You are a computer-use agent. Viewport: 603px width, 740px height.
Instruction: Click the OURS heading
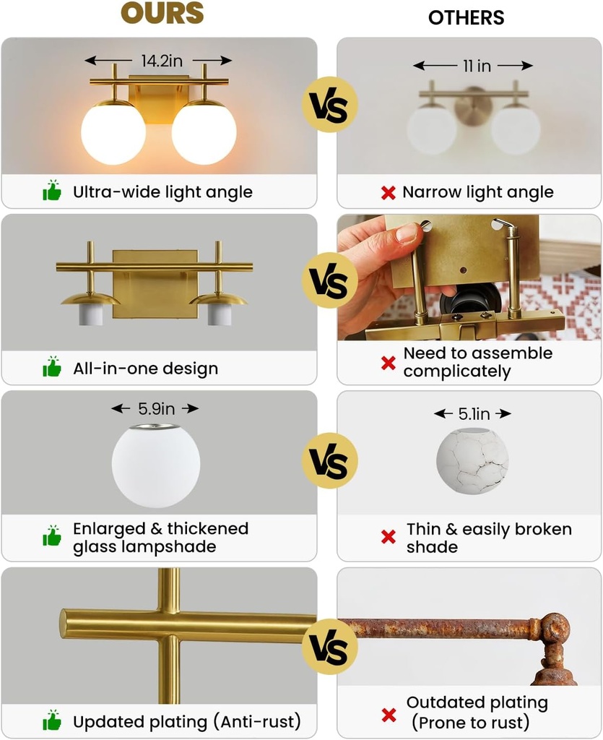162,13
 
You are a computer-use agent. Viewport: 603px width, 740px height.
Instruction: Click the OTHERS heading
467,17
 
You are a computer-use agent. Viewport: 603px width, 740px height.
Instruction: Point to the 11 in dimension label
477,66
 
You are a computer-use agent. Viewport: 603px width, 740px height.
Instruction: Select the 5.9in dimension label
156,409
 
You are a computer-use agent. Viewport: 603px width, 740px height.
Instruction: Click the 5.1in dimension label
474,414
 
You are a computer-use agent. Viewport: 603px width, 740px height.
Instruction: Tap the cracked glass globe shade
472,460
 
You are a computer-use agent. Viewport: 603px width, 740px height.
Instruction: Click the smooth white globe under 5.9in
156,466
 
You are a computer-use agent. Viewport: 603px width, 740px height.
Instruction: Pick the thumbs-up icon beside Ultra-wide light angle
52,192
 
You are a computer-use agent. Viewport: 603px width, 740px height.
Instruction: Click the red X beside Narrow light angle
389,193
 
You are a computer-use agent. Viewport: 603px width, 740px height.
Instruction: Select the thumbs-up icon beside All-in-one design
52,367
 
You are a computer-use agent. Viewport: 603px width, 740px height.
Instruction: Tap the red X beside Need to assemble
389,363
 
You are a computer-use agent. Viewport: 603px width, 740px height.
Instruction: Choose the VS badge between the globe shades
329,461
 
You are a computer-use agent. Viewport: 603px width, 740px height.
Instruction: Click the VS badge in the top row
329,105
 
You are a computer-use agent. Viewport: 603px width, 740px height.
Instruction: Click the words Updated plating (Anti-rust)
187,721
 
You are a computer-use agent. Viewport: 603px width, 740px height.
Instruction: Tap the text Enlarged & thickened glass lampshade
160,538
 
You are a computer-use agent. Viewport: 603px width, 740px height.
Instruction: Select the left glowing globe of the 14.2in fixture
113,132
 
